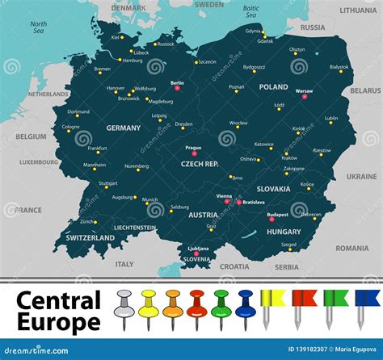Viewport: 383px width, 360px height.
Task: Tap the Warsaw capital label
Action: click(304, 91)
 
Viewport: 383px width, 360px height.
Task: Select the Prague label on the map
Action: click(192, 148)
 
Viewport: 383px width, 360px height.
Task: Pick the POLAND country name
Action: click(273, 86)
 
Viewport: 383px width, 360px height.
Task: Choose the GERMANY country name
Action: click(123, 128)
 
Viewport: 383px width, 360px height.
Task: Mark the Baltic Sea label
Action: click(251, 10)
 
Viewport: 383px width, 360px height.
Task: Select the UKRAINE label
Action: click(361, 176)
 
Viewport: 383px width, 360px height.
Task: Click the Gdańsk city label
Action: click(265, 40)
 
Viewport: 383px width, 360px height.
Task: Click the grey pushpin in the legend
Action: click(124, 306)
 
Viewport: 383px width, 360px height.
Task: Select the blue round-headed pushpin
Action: click(246, 306)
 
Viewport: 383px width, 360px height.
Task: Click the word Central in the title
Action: click(58, 301)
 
